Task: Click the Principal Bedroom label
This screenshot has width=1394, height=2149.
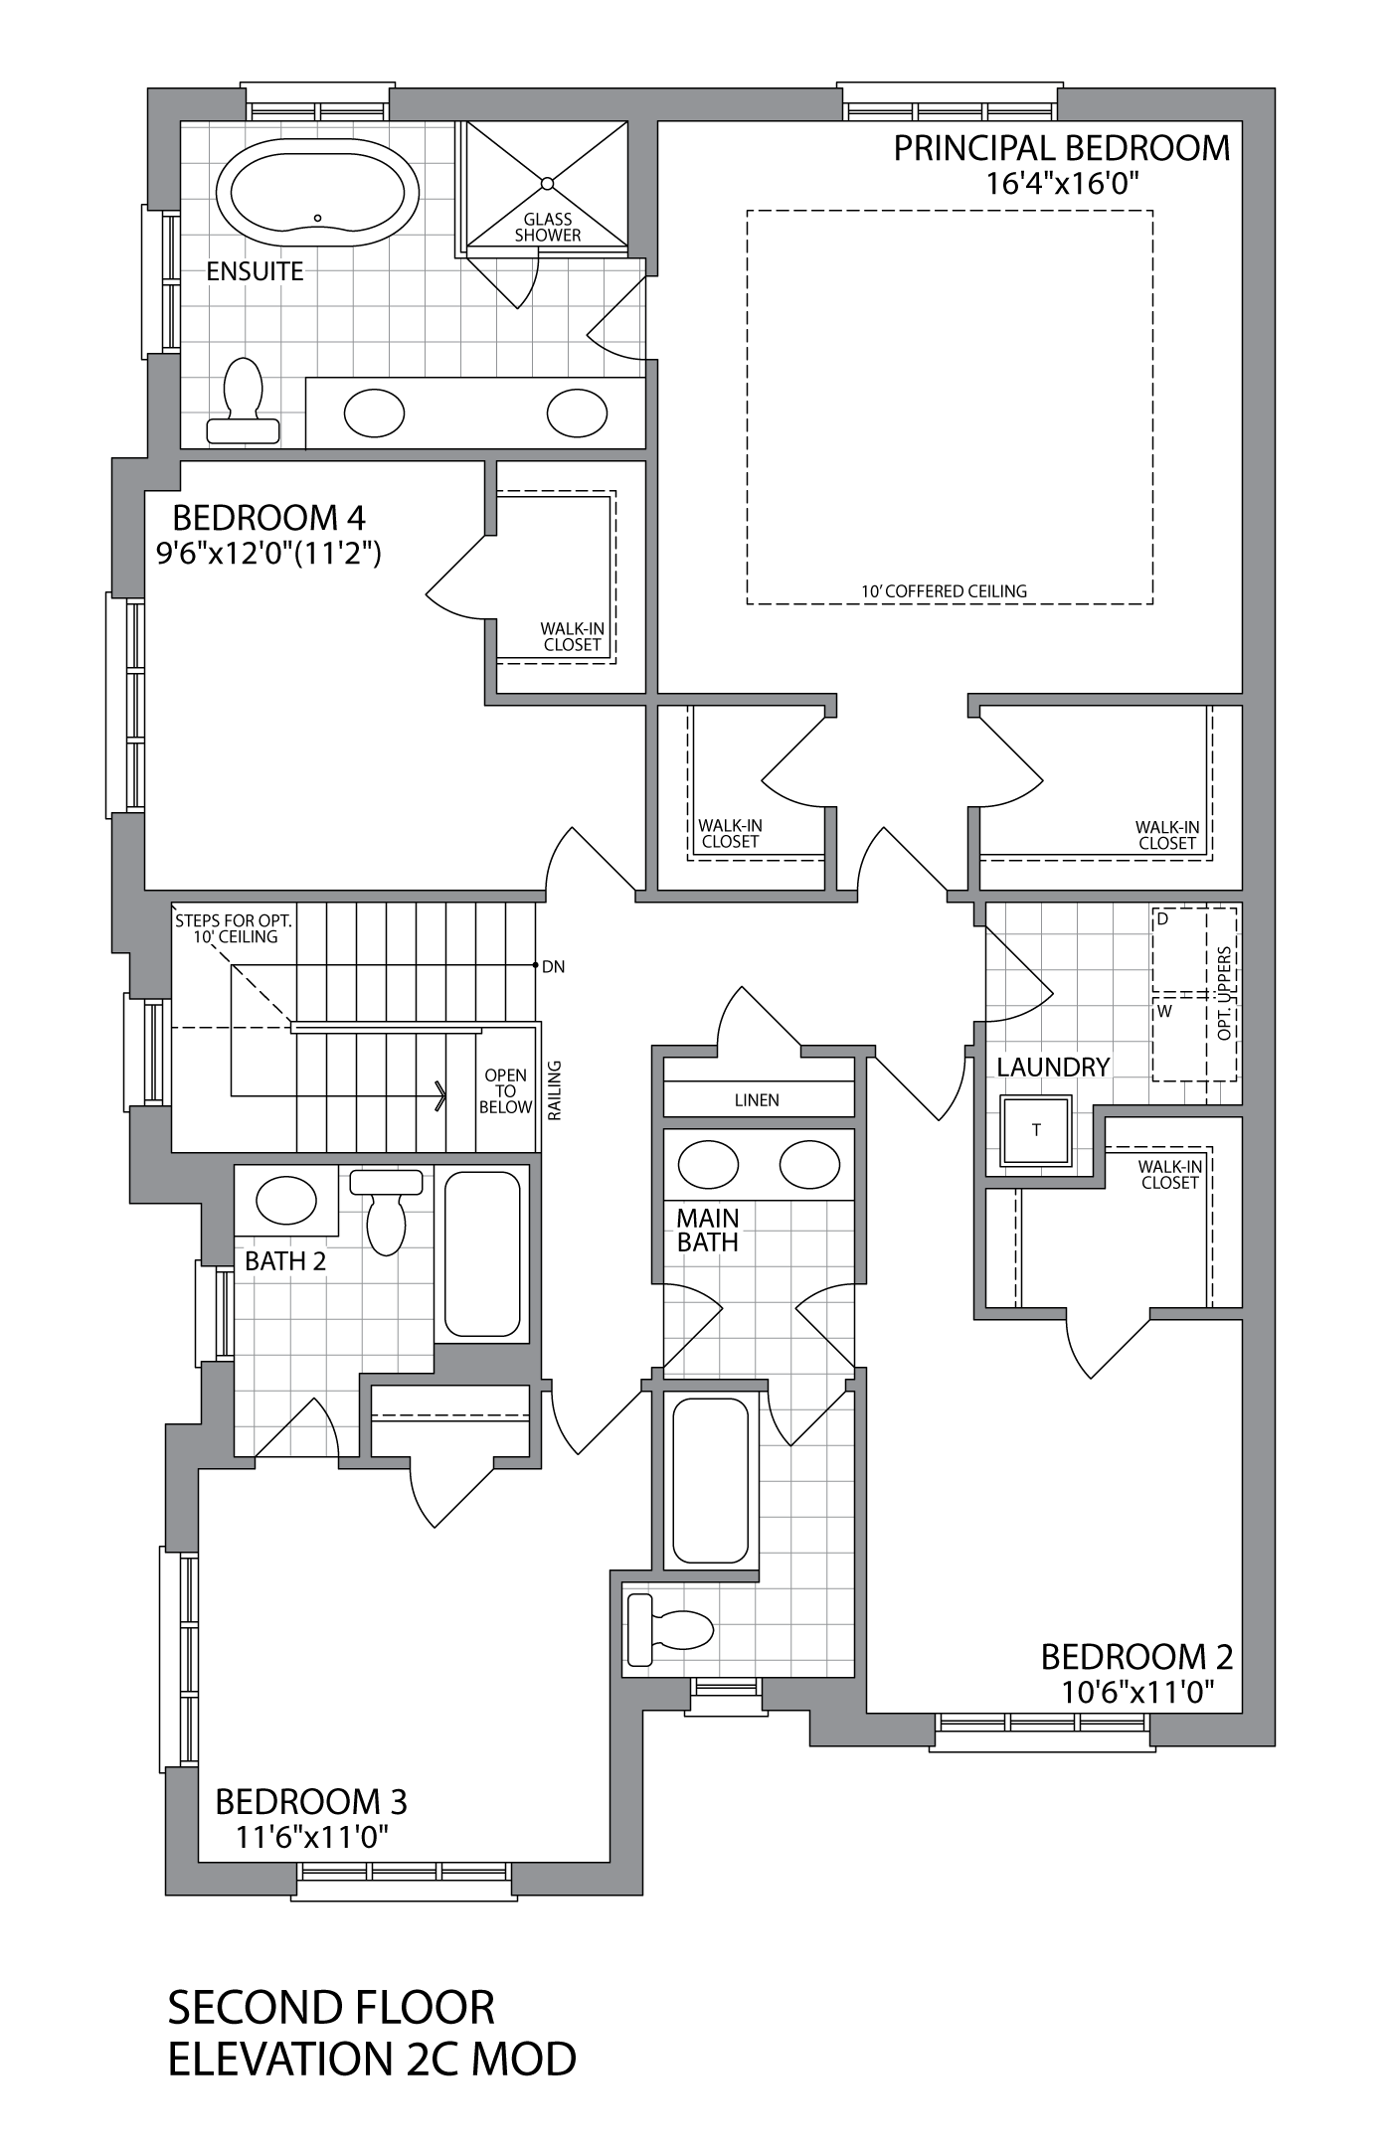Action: coord(1061,148)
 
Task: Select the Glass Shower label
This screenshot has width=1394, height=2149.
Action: coord(547,228)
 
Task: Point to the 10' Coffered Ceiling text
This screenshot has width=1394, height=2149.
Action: coord(943,591)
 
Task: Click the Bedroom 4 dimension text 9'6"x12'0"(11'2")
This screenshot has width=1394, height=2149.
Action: coord(268,553)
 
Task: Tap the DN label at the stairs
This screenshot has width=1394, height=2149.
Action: coord(554,966)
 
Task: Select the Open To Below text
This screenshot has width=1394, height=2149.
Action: coord(505,1091)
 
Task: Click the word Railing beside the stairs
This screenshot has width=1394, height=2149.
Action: coord(555,1090)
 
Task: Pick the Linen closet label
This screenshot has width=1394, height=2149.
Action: coord(757,1100)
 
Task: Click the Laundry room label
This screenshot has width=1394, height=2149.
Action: coord(1052,1068)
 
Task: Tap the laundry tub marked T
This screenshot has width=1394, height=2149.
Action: coord(1036,1130)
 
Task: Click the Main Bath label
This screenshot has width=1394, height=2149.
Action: coord(707,1230)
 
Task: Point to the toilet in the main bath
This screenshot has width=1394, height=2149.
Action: coord(671,1630)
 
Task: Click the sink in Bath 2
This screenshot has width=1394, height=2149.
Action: coord(286,1202)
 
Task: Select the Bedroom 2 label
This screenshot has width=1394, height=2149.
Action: coord(1136,1657)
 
